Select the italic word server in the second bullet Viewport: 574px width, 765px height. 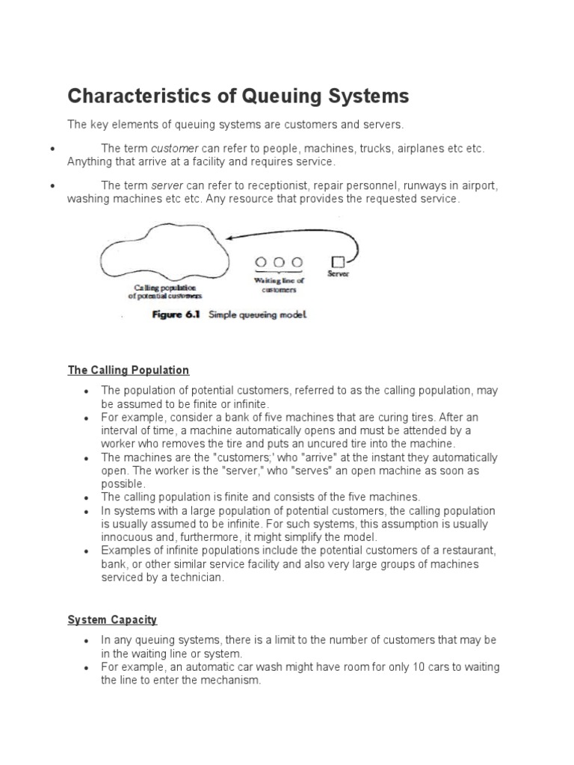point(167,186)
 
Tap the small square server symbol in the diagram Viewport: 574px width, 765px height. point(338,261)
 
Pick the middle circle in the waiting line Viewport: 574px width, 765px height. point(280,262)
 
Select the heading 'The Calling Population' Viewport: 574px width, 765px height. point(129,370)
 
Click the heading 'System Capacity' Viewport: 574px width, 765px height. point(112,620)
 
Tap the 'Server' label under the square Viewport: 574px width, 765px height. point(338,274)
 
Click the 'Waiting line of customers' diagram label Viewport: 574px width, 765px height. point(280,285)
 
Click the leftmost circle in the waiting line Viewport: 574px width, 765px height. point(262,262)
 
